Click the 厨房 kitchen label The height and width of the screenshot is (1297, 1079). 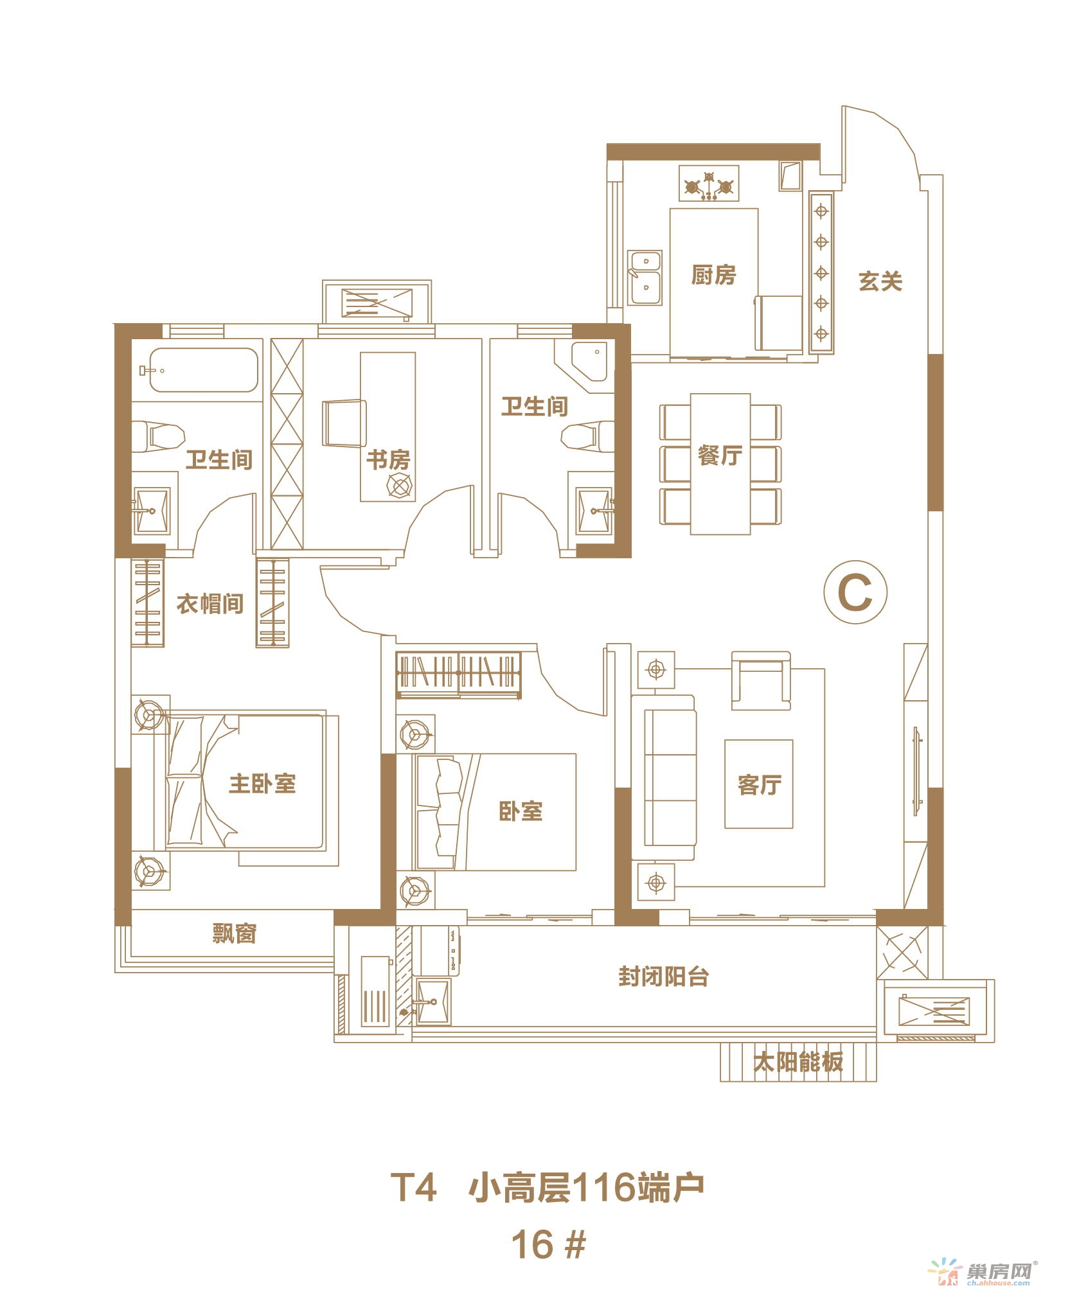click(713, 276)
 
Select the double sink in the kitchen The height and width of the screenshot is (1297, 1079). click(645, 278)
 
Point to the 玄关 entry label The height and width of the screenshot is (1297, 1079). click(880, 281)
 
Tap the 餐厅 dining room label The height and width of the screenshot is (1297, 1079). click(720, 455)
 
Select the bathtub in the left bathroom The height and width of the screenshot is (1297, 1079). click(199, 370)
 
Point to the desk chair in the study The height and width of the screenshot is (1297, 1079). click(344, 423)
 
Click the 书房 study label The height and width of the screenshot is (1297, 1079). click(388, 460)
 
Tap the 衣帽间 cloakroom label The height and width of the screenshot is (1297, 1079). click(210, 604)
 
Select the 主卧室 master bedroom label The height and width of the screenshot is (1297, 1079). click(263, 784)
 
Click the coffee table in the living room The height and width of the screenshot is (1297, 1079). click(758, 784)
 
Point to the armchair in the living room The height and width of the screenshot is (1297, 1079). click(761, 680)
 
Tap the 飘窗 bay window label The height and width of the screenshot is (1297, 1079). click(235, 933)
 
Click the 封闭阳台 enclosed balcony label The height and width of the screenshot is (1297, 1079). click(664, 977)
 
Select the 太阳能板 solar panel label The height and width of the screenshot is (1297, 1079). click(798, 1062)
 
